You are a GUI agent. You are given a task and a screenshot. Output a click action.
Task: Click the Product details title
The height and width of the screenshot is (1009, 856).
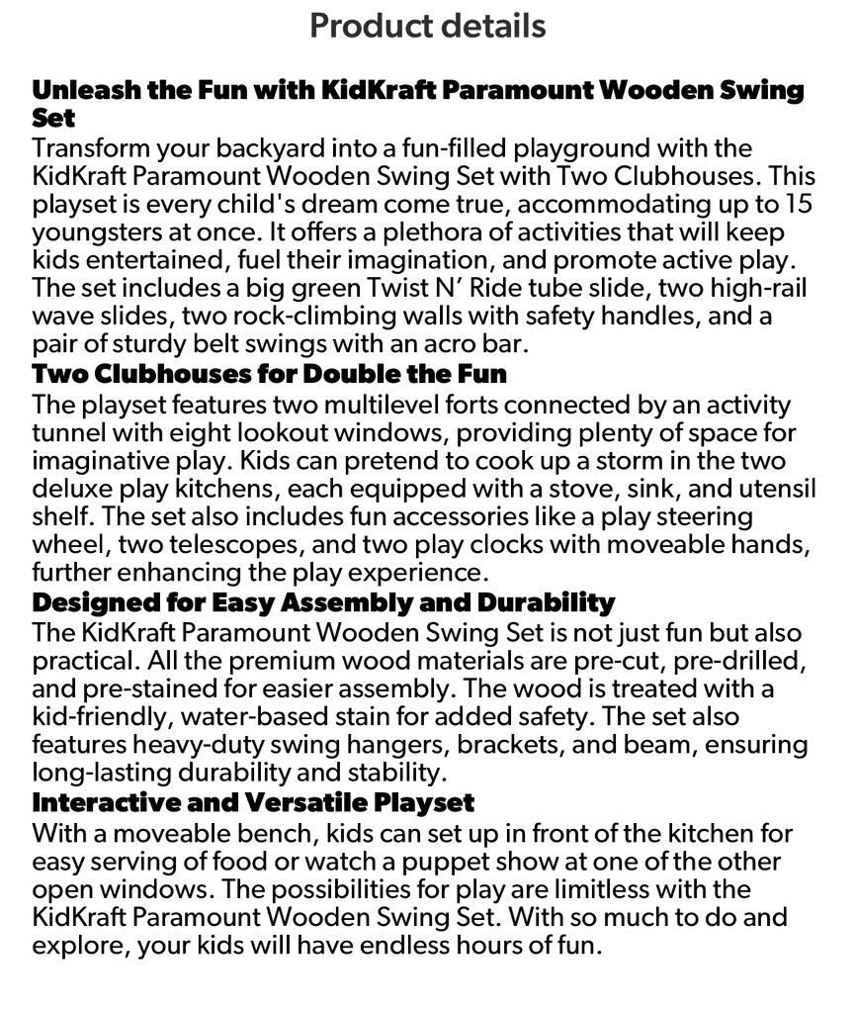(x=427, y=25)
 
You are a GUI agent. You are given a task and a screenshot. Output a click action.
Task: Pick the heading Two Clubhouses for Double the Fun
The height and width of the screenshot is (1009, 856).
(x=269, y=375)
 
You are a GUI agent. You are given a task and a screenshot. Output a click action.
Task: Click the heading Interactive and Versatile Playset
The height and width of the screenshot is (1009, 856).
(x=253, y=801)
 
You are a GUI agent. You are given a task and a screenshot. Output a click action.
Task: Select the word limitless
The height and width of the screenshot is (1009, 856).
(x=588, y=887)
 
